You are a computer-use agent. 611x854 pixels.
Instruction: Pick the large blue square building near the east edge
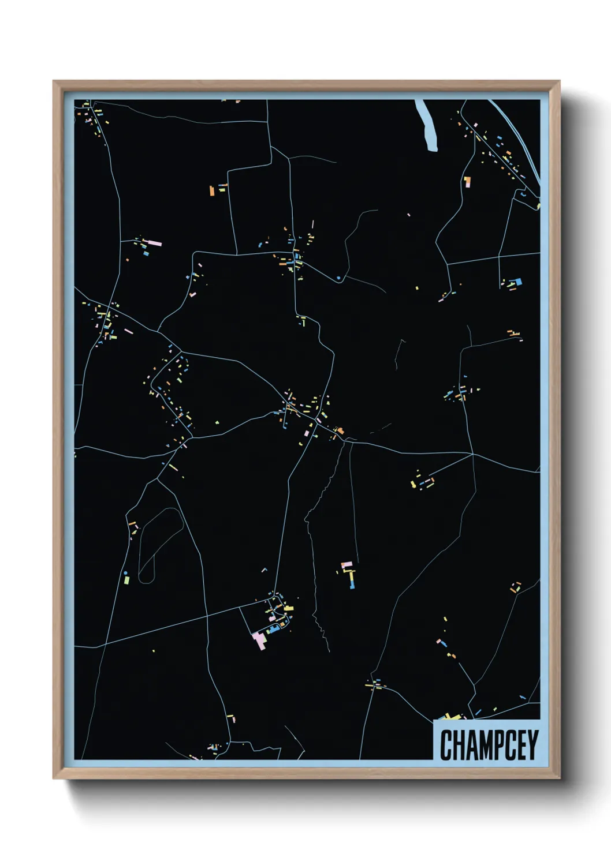[x=517, y=282]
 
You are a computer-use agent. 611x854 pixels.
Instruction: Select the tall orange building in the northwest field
[x=212, y=190]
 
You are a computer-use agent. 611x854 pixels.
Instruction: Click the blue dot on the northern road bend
[x=338, y=279]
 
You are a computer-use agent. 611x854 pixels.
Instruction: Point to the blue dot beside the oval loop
[x=126, y=573]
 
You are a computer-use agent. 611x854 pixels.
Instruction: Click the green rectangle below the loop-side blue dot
[x=126, y=580]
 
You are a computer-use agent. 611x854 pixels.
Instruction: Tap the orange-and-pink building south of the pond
[x=467, y=182]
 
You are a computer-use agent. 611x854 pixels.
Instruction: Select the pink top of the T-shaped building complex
[x=346, y=565]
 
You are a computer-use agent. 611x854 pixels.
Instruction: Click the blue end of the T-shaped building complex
[x=352, y=586]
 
